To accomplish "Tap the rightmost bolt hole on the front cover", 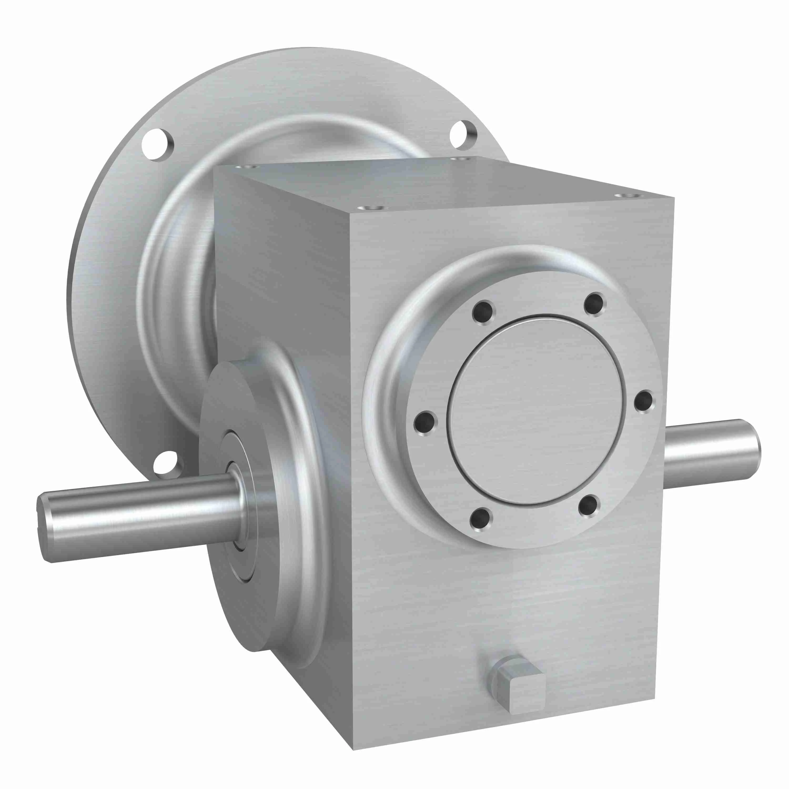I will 644,401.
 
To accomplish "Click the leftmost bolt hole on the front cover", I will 425,421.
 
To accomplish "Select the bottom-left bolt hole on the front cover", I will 481,518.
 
